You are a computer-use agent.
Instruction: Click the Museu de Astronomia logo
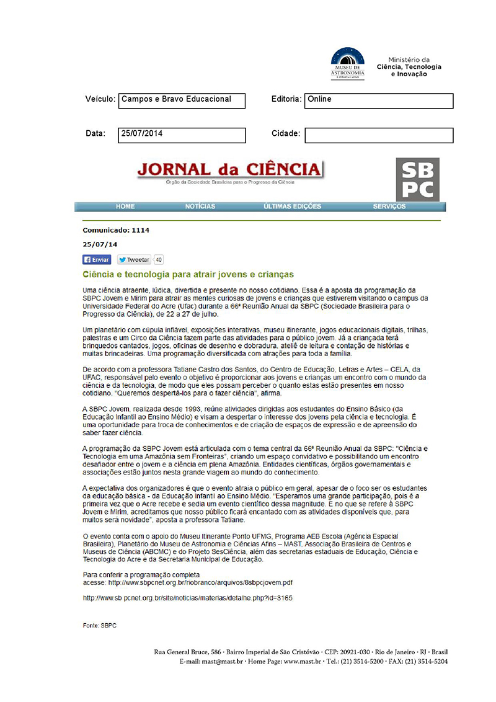point(348,63)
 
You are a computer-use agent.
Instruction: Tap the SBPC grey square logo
point(417,180)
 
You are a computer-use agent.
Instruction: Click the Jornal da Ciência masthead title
point(230,169)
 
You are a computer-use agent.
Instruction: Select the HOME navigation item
point(125,207)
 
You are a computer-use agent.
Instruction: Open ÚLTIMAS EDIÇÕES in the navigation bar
point(292,207)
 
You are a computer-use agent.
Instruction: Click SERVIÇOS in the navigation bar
point(389,207)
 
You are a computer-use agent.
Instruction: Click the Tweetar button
point(134,260)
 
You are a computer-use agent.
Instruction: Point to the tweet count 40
point(159,260)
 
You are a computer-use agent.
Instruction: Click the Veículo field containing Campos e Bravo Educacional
point(182,100)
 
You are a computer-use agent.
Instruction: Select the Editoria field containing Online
point(378,100)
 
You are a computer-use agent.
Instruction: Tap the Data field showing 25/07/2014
point(182,135)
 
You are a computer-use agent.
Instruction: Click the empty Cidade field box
point(378,135)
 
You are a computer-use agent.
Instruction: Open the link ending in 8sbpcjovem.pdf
point(200,583)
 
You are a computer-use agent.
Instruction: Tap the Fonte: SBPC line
point(99,626)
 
